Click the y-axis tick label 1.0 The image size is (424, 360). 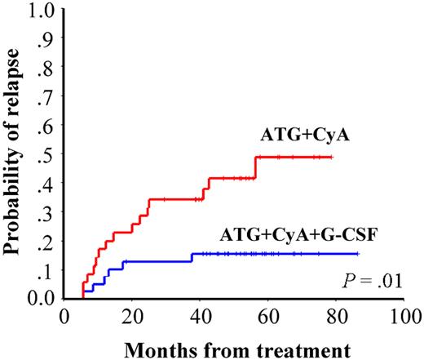tap(42, 11)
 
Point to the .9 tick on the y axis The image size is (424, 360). tap(47, 40)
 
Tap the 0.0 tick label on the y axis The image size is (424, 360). tap(42, 299)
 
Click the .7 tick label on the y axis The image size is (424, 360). tap(47, 98)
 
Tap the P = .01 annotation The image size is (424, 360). tap(373, 283)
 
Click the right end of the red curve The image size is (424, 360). tap(333, 157)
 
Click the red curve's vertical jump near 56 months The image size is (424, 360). tap(256, 167)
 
